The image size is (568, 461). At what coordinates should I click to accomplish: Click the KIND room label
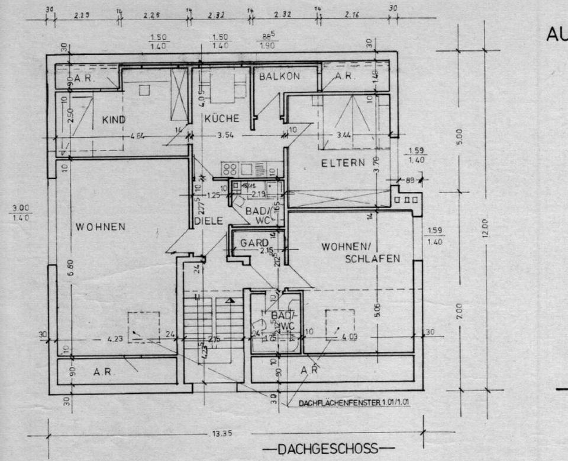click(x=114, y=120)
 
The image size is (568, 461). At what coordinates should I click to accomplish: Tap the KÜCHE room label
click(x=222, y=119)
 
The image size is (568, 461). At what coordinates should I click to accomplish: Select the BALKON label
click(x=279, y=76)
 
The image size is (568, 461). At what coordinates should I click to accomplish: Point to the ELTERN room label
click(x=343, y=163)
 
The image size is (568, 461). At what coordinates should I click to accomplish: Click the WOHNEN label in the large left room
click(x=100, y=226)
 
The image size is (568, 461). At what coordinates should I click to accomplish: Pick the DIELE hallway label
click(x=208, y=221)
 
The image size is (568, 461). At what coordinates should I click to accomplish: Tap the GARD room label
click(x=254, y=242)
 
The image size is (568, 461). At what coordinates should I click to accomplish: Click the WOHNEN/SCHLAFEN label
click(x=361, y=252)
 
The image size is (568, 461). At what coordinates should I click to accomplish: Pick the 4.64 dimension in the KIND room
click(x=137, y=135)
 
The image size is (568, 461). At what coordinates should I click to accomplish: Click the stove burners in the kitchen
click(x=230, y=168)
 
